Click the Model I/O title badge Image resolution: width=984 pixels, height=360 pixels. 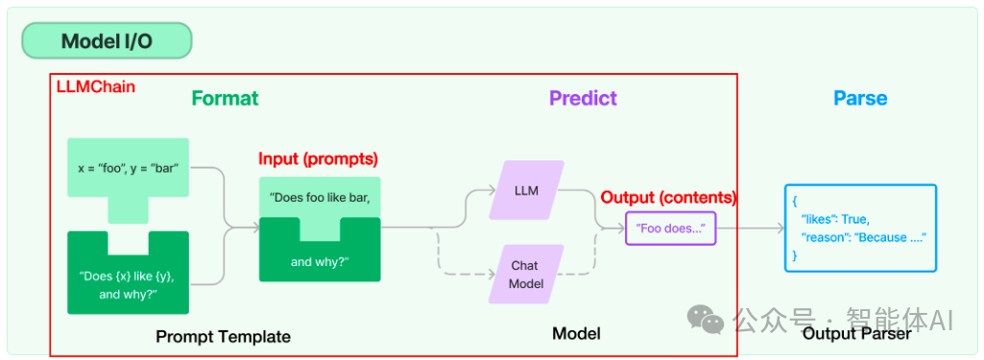[x=107, y=40]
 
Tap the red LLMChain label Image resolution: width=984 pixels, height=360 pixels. [x=96, y=86]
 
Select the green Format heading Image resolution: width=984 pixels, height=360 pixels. [x=225, y=99]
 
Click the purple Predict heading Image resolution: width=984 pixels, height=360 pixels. [x=583, y=99]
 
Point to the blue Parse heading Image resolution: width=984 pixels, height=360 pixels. [x=860, y=99]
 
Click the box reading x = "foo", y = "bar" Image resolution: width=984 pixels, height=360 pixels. [x=128, y=169]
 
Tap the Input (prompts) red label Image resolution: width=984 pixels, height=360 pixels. [x=318, y=158]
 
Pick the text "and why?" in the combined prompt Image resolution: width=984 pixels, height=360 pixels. [x=320, y=262]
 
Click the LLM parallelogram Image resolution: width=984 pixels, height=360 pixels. [x=526, y=191]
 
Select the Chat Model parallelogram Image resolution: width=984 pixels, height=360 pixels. [x=526, y=275]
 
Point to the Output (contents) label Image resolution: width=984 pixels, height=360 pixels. [x=668, y=198]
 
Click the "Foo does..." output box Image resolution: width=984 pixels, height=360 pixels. [x=671, y=228]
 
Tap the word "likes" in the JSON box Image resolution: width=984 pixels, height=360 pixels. [x=816, y=220]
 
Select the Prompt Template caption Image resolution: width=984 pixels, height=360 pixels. [x=223, y=337]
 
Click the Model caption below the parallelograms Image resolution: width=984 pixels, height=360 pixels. [x=576, y=333]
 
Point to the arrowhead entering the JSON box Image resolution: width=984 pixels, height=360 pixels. [x=780, y=228]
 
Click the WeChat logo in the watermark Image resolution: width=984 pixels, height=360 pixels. [x=706, y=320]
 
